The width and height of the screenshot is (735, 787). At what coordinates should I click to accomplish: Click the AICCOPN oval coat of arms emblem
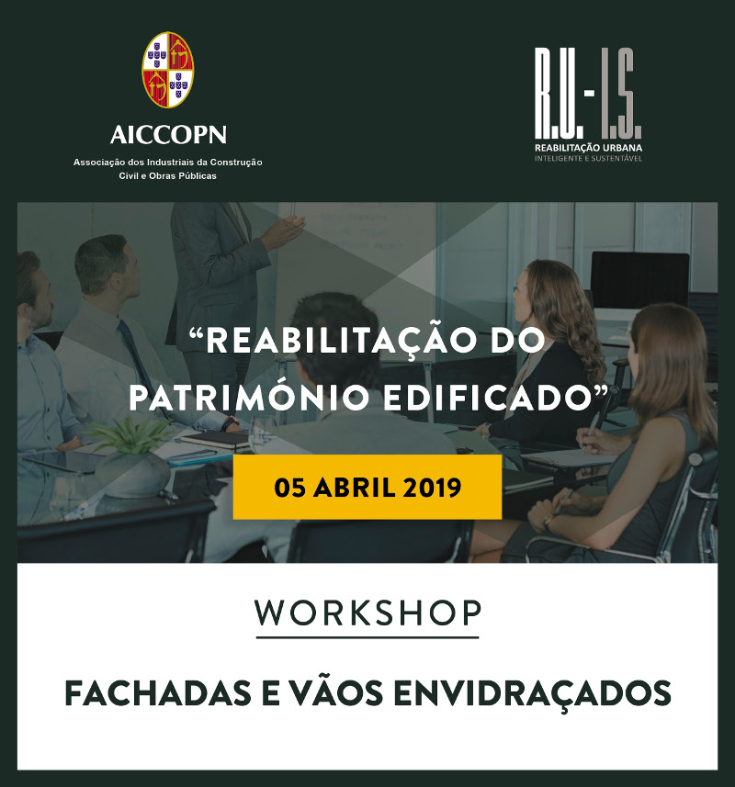pyautogui.click(x=168, y=69)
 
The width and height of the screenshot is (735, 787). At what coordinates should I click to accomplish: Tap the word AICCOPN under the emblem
pyautogui.click(x=168, y=134)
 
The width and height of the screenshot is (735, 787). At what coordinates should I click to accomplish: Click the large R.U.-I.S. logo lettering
pyautogui.click(x=588, y=94)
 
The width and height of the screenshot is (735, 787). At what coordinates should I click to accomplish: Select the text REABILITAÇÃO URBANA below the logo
pyautogui.click(x=588, y=148)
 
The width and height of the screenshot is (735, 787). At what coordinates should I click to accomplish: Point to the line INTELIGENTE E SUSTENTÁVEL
pyautogui.click(x=588, y=159)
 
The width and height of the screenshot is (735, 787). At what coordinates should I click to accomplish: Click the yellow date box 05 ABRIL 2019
pyautogui.click(x=367, y=487)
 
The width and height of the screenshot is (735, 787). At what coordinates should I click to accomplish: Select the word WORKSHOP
pyautogui.click(x=368, y=613)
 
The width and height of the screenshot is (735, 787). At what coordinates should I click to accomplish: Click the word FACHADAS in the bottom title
pyautogui.click(x=158, y=693)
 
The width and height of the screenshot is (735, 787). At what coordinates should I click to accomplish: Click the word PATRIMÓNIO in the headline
pyautogui.click(x=250, y=398)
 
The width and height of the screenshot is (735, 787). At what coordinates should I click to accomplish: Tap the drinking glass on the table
pyautogui.click(x=262, y=434)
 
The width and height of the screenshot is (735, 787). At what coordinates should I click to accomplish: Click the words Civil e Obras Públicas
pyautogui.click(x=168, y=176)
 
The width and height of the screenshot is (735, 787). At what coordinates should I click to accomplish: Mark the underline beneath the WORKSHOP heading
pyautogui.click(x=367, y=637)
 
